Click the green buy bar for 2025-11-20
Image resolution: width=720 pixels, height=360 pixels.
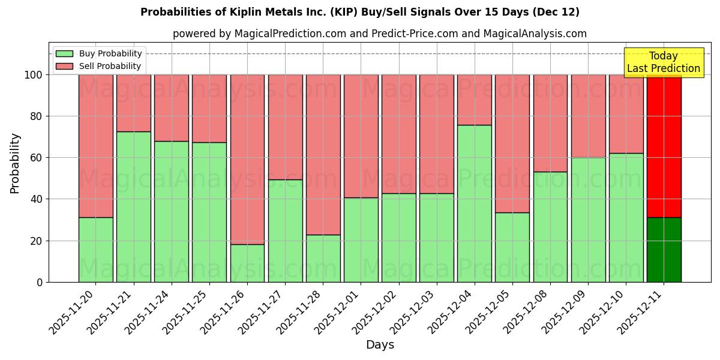pyautogui.click(x=95, y=250)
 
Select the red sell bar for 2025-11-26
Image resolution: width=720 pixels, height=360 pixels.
pyautogui.click(x=247, y=159)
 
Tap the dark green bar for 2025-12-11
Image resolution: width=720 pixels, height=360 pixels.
pyautogui.click(x=664, y=250)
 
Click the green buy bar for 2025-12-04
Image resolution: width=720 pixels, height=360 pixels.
pyautogui.click(x=474, y=203)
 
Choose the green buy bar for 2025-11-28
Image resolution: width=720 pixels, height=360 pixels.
pyautogui.click(x=323, y=258)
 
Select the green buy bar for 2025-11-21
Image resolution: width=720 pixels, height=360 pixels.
pyautogui.click(x=133, y=206)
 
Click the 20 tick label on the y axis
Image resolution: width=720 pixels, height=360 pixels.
pyautogui.click(x=38, y=241)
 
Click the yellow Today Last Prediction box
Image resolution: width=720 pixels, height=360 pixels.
pyautogui.click(x=663, y=62)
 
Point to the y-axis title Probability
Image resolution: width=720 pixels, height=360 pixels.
pyautogui.click(x=15, y=163)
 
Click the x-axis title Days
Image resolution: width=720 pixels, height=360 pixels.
pyautogui.click(x=380, y=345)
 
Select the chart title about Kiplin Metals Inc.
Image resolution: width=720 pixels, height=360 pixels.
pyautogui.click(x=360, y=12)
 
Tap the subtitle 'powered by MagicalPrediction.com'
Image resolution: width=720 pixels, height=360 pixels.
pyautogui.click(x=380, y=34)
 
